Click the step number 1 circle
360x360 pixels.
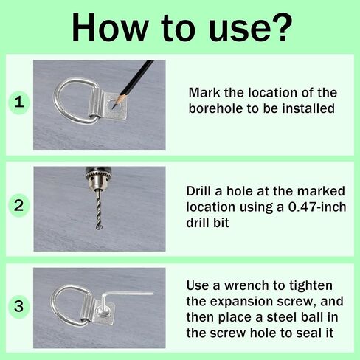pos(19,102)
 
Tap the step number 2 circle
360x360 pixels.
pos(19,206)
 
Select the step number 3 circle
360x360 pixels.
pos(19,306)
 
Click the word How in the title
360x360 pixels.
pos(109,27)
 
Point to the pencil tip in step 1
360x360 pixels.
pos(113,108)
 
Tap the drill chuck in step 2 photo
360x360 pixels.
pos(98,179)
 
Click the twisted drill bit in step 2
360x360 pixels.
pos(98,209)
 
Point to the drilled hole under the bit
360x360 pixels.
pos(99,229)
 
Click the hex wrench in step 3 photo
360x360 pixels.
pos(123,295)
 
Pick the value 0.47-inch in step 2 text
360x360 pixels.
pos(317,207)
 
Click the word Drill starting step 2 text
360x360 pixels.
pos(198,191)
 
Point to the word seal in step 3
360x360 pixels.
pos(308,333)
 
